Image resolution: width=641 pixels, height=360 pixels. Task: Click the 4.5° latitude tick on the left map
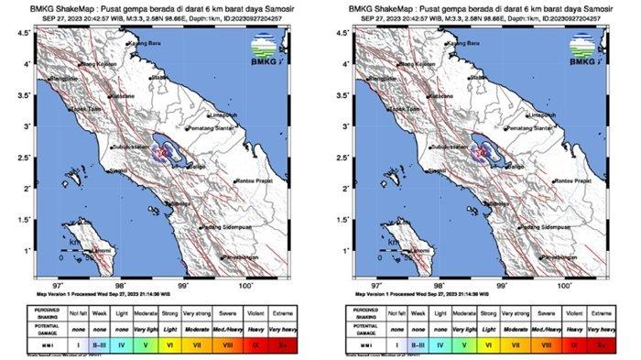tap(27, 33)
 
